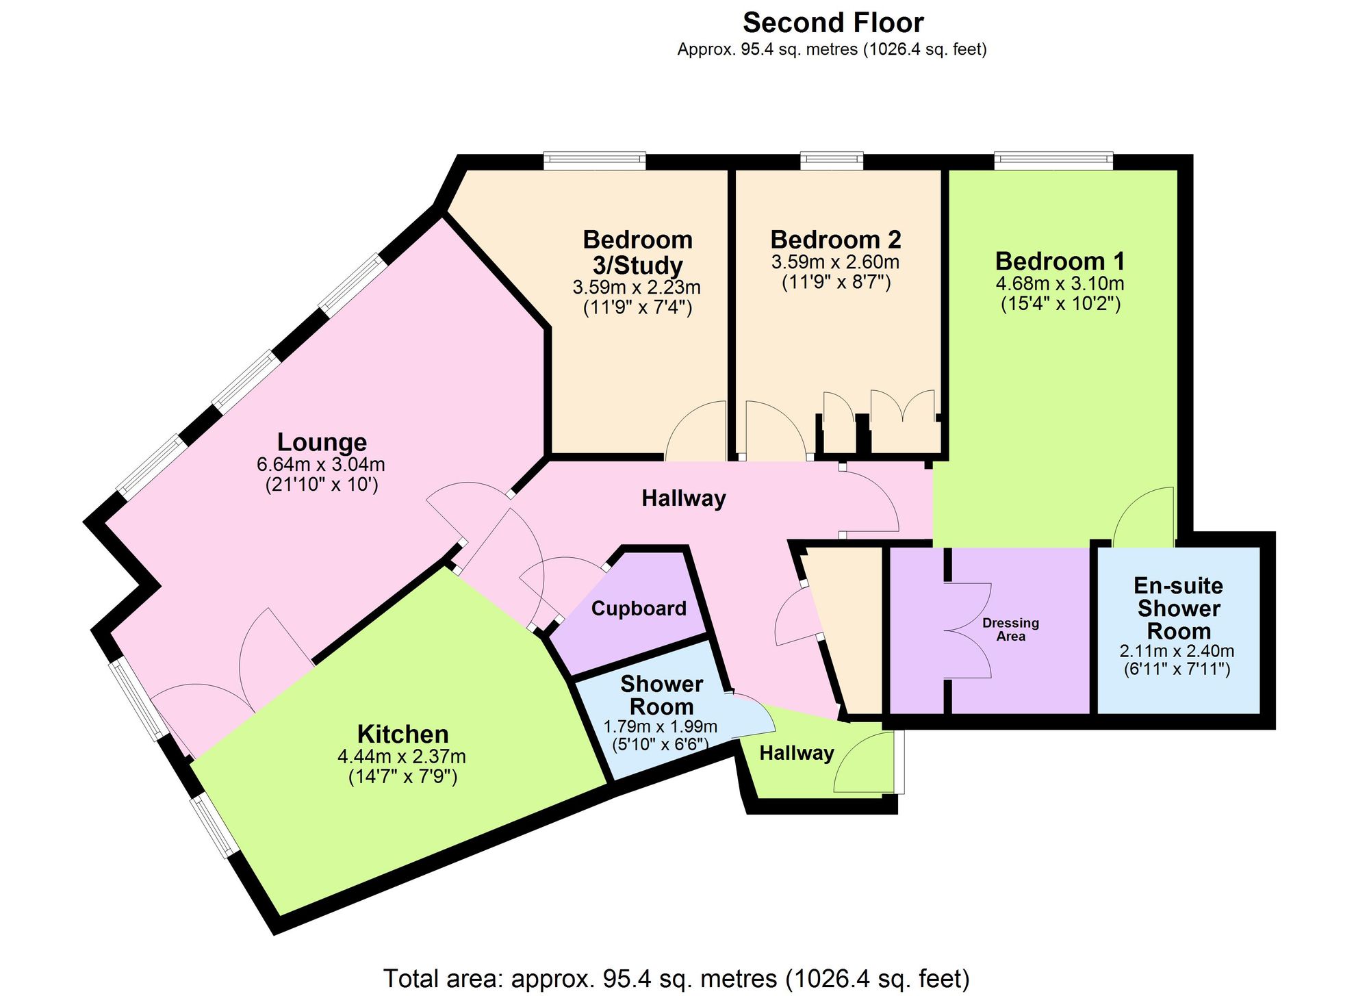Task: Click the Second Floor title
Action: coord(832,23)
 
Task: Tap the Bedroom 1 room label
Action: coord(1060,261)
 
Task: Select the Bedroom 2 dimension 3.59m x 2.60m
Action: coord(835,262)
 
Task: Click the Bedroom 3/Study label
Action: coord(637,253)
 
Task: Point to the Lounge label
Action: coord(322,442)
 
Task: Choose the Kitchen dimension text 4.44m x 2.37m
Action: coord(402,756)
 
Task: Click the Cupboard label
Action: coord(639,609)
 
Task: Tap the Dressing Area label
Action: coord(1010,629)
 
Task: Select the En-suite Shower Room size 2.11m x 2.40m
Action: coord(1177,651)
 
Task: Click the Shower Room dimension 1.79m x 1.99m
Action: coord(660,726)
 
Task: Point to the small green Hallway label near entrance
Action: coord(797,753)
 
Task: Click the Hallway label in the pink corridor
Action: coord(683,498)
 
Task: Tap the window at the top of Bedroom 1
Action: coord(1053,160)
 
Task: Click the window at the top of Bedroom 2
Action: coord(832,160)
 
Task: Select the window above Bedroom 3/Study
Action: coord(594,160)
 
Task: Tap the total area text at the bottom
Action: coord(676,978)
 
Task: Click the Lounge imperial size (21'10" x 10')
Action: coord(322,485)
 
